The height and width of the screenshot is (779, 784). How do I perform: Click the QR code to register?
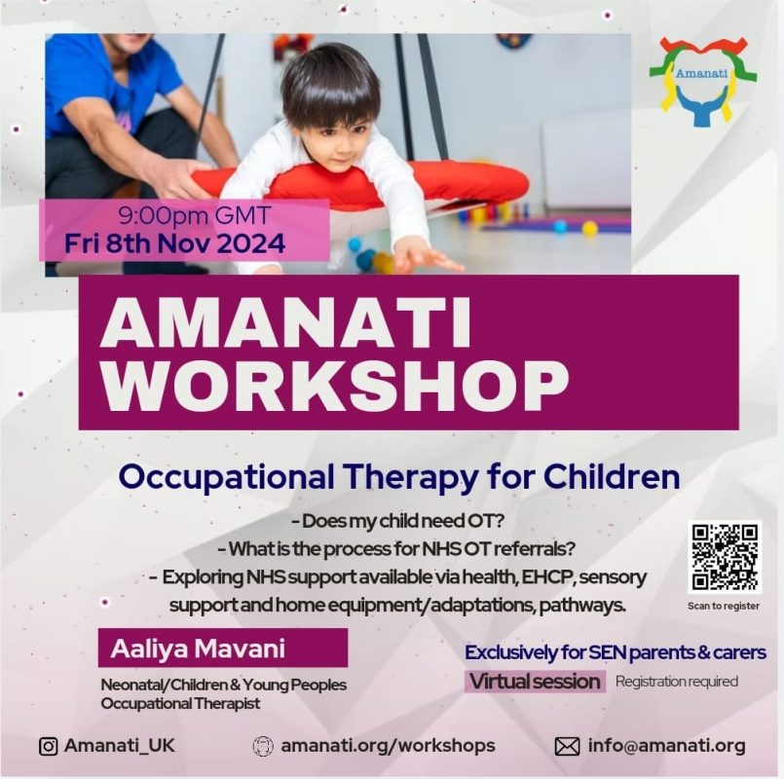724,557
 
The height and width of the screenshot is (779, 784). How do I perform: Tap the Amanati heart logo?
703,81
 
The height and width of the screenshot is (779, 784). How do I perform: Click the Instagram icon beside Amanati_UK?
48,747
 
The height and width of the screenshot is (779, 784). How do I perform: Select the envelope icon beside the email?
568,747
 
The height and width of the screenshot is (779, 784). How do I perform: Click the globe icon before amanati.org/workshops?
264,747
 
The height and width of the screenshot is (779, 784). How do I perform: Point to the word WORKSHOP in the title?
334,386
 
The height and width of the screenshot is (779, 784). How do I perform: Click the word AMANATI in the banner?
286,323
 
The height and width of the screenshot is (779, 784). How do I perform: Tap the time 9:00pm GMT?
195,216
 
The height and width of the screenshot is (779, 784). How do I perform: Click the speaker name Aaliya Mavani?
198,649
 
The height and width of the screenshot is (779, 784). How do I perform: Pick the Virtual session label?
535,682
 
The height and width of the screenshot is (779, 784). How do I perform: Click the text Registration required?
677,682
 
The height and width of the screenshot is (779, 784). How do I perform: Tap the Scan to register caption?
724,606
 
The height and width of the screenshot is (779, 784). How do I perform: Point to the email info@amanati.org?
667,746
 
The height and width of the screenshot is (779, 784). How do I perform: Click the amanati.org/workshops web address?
388,746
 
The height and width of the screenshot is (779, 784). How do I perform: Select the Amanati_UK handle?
120,746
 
